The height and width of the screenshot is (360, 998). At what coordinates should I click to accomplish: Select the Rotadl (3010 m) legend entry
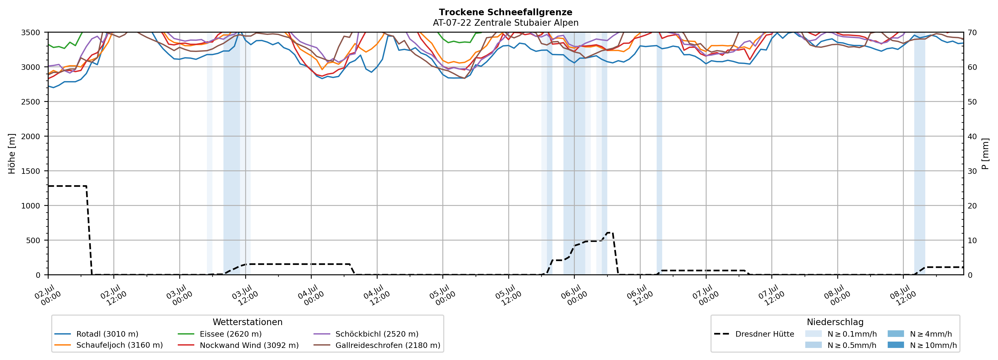click(x=96, y=334)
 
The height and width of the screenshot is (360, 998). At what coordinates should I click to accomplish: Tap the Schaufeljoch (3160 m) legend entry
click(x=108, y=345)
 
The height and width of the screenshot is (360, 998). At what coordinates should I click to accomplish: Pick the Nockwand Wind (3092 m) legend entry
click(x=238, y=345)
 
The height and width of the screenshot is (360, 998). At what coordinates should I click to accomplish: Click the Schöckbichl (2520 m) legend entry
click(x=366, y=334)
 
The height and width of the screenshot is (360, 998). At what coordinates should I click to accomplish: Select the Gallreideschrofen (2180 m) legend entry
click(x=377, y=345)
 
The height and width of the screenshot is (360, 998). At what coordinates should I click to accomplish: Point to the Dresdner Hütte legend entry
click(x=754, y=334)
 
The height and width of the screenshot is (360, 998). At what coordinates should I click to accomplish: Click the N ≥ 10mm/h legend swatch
click(x=895, y=345)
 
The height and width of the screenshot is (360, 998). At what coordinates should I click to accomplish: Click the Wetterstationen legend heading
click(x=248, y=322)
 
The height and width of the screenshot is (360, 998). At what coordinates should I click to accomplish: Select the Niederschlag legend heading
click(x=835, y=322)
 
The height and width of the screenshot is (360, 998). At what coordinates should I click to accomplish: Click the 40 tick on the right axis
click(x=973, y=136)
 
